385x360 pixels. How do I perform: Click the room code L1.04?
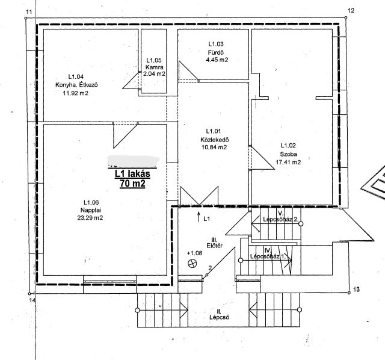pyautogui.click(x=76, y=76)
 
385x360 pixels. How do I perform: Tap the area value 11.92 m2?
pyautogui.click(x=75, y=93)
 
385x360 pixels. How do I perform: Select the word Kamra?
pyautogui.click(x=154, y=67)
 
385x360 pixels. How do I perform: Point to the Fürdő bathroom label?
pyautogui.click(x=216, y=52)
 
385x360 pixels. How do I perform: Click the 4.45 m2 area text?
pyautogui.click(x=217, y=60)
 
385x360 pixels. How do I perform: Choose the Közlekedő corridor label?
pyautogui.click(x=215, y=140)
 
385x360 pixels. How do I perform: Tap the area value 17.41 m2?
pyautogui.click(x=288, y=163)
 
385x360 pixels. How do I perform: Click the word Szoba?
pyautogui.click(x=289, y=154)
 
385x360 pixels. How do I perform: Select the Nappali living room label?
pyautogui.click(x=91, y=210)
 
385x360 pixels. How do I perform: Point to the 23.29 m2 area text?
pyautogui.click(x=90, y=218)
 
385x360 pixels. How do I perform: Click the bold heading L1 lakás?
pyautogui.click(x=132, y=174)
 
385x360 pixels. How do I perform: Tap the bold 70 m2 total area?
pyautogui.click(x=132, y=184)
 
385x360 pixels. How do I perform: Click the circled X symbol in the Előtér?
pyautogui.click(x=192, y=264)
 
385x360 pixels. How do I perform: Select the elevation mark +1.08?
pyautogui.click(x=194, y=253)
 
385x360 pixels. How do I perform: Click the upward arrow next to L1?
pyautogui.click(x=199, y=217)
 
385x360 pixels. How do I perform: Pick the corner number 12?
pyautogui.click(x=351, y=10)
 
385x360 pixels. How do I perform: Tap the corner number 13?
pyautogui.click(x=356, y=289)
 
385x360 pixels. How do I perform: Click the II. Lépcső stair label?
pyautogui.click(x=219, y=315)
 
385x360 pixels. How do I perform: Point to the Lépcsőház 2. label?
pyautogui.click(x=281, y=219)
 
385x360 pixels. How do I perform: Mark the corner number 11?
pyautogui.click(x=29, y=12)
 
